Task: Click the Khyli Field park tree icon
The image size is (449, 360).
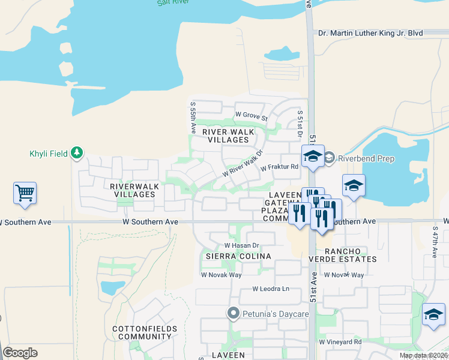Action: (x=76, y=153)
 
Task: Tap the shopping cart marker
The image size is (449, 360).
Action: (x=25, y=193)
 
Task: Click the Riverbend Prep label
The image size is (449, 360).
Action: (x=366, y=159)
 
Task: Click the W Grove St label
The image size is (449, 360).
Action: (x=251, y=114)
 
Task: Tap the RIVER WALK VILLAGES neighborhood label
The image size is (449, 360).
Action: (x=226, y=135)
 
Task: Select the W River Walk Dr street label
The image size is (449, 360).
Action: (x=243, y=164)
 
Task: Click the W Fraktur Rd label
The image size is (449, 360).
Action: (x=279, y=167)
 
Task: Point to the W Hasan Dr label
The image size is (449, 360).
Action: (x=241, y=245)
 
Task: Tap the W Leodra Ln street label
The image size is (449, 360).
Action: (x=271, y=289)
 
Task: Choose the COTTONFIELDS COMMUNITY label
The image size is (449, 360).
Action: (x=145, y=332)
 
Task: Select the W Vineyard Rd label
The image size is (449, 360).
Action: (x=340, y=341)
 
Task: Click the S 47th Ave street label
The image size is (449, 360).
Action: (x=435, y=242)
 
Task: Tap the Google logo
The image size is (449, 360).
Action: (x=20, y=353)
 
